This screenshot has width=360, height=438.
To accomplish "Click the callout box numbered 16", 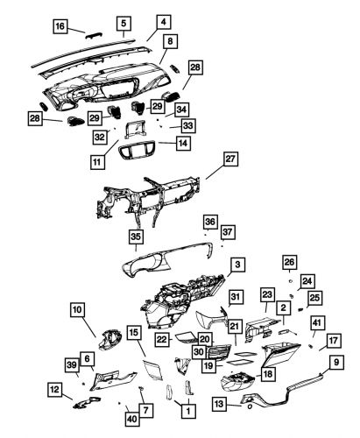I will pyautogui.click(x=60, y=27).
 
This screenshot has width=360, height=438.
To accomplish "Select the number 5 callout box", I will pyautogui.click(x=124, y=23).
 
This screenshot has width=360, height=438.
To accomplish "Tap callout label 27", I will pyautogui.click(x=230, y=159).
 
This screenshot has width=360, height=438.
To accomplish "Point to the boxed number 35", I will pyautogui.click(x=136, y=237).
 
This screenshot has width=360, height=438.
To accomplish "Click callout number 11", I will pyautogui.click(x=96, y=162).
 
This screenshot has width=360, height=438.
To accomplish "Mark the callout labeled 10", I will pyautogui.click(x=78, y=309).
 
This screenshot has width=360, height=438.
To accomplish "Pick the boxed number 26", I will pyautogui.click(x=289, y=262).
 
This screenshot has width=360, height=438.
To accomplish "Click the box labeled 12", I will pyautogui.click(x=54, y=389).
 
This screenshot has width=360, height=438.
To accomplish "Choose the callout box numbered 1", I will pyautogui.click(x=186, y=409).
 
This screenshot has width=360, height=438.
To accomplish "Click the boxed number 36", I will pyautogui.click(x=210, y=222).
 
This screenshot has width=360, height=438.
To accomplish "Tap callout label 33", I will pyautogui.click(x=187, y=125).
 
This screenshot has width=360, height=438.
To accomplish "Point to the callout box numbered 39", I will pyautogui.click(x=71, y=364).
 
